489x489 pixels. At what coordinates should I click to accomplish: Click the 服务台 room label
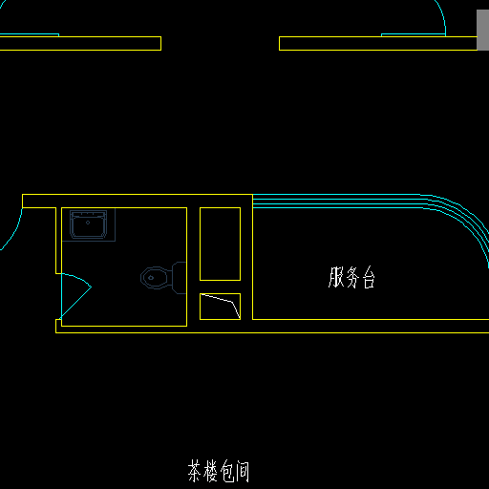click(351, 278)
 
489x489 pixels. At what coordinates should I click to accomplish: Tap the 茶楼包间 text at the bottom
click(219, 471)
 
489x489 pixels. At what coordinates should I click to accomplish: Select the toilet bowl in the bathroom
click(155, 278)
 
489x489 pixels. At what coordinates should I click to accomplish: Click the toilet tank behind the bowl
click(179, 278)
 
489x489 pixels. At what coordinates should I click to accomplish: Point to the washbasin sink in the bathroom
click(88, 224)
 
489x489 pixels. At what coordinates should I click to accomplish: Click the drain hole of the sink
click(88, 223)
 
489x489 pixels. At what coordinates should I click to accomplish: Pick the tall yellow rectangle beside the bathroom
click(220, 244)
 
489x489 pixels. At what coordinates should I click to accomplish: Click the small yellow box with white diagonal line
click(220, 307)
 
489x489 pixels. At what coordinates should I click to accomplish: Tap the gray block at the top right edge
click(482, 30)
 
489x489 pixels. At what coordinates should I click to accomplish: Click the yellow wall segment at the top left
click(80, 43)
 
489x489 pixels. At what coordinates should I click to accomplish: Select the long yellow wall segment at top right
click(378, 43)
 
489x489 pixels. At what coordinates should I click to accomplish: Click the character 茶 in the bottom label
click(195, 471)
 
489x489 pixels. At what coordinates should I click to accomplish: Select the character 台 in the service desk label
click(369, 278)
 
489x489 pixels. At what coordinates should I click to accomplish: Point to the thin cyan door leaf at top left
click(30, 34)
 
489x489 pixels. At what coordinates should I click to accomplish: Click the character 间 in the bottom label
click(243, 472)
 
